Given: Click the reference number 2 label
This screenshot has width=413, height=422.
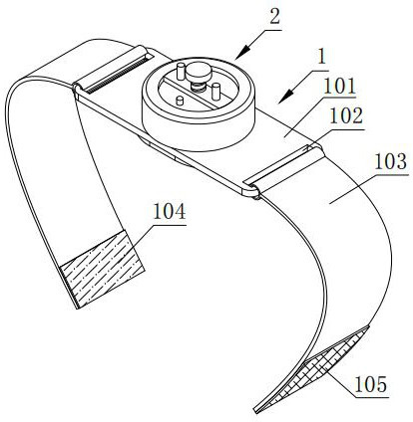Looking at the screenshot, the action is pos(274,17).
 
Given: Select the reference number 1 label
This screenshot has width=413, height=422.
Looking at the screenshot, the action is pos(321,59).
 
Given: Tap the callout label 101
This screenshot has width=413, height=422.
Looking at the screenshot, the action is pos(339,87).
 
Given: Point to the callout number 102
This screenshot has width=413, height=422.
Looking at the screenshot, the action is pos(346,116).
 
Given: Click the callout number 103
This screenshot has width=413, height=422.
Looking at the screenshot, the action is pos(391,161).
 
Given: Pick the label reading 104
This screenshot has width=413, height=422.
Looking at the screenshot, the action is pos(169,212).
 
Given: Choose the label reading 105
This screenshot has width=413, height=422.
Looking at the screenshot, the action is pos(371,385).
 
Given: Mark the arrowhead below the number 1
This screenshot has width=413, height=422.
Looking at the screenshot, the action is pos(285,97).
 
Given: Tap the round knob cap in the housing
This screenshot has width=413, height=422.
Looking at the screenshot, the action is pos(199,72).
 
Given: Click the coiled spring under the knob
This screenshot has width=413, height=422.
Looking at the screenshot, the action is pos(199,88).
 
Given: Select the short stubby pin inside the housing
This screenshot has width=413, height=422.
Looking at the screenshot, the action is pos(180,101).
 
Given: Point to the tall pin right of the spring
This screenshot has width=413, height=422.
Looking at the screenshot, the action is pos(216,92).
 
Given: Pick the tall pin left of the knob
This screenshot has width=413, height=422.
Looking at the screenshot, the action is pos(181,71).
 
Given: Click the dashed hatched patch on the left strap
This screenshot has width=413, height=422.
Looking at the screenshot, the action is pos(102,269).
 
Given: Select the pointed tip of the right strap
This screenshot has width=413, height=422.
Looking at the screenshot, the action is pos(256,411).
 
